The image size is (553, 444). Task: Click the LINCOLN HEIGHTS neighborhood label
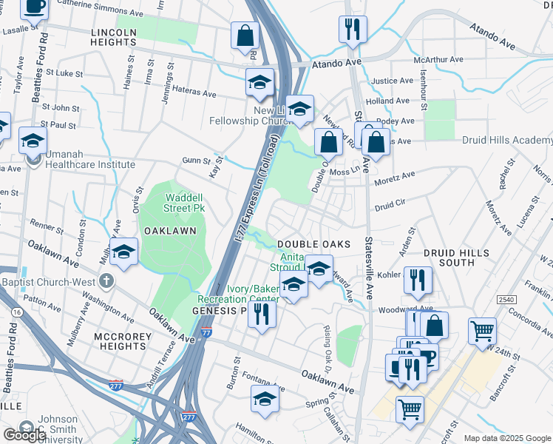[x=114, y=38]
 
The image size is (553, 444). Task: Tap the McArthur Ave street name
[x=438, y=59]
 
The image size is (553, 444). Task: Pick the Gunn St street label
[x=196, y=161]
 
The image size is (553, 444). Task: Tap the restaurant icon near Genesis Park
[x=261, y=314]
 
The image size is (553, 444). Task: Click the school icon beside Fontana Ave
[x=265, y=398]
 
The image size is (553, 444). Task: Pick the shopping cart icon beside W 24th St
[x=482, y=329]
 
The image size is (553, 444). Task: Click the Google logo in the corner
[x=24, y=435]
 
